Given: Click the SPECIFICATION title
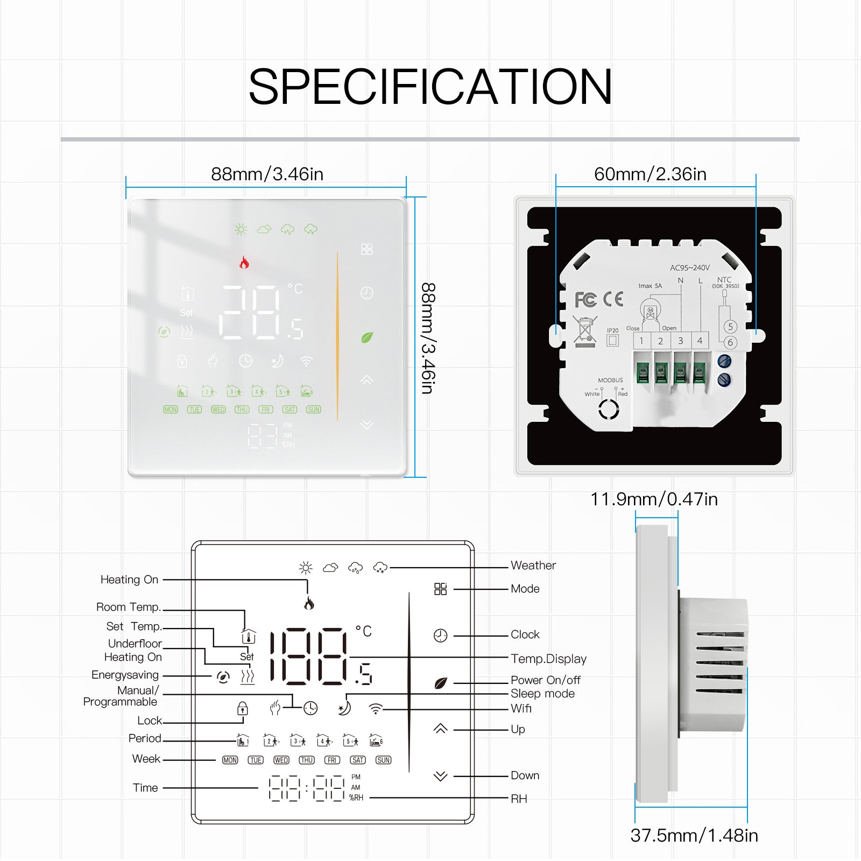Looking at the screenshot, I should pos(430,87).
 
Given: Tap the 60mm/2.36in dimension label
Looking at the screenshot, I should pos(650,174).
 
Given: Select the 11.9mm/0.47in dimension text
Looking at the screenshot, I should pos(654,499).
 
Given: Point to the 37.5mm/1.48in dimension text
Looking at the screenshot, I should pos(694,835).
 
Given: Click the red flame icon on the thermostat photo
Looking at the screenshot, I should pos(244,263).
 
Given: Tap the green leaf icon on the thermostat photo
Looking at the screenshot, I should pos(367,337).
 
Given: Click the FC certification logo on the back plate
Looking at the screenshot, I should pos(585,300).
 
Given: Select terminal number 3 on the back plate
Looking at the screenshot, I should pos(680,341).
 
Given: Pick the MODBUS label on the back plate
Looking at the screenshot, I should pos(610,380).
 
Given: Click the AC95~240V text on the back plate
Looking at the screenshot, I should pos(689,267).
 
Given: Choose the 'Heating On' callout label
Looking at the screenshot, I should pos(129,580).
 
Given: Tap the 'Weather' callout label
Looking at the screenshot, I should pos(533,566).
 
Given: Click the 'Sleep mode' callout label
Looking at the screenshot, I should pos(542,694).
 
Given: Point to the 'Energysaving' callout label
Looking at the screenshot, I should pos(125,675).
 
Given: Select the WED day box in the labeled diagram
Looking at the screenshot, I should pos(281,760).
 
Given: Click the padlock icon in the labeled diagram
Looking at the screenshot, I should pos(243,708).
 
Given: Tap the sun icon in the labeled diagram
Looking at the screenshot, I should pos(306,568).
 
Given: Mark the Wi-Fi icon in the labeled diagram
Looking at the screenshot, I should pos(376,709).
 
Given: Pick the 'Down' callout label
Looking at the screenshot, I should pos(525,775).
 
